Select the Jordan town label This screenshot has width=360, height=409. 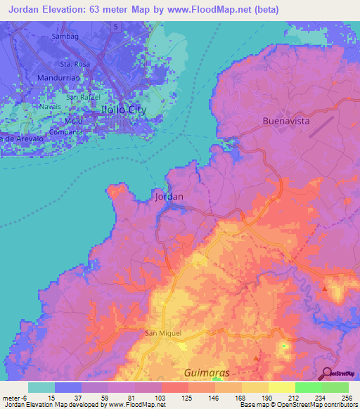[x=169, y=197]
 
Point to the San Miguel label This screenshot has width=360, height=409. [x=163, y=332]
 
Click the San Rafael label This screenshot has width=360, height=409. [x=84, y=96]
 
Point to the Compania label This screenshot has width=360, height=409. [x=66, y=131]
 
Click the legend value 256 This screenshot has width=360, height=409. [x=345, y=397]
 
